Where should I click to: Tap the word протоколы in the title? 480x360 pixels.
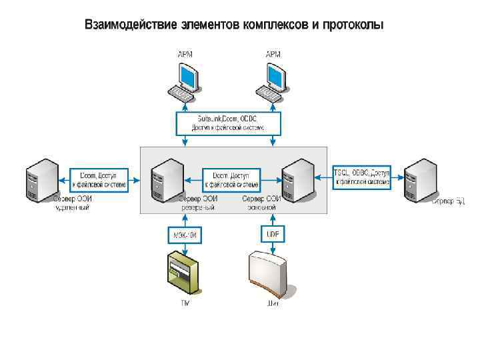tap(353, 26)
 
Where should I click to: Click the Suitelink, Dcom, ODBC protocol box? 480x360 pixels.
tap(229, 122)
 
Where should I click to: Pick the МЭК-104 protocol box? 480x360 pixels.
tap(184, 234)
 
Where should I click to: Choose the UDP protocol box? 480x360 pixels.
tap(271, 234)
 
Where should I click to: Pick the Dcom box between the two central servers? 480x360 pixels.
tap(231, 179)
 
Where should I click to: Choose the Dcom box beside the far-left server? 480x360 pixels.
tap(99, 179)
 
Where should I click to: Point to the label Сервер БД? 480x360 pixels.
tap(448, 201)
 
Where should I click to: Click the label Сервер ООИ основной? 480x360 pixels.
tap(261, 203)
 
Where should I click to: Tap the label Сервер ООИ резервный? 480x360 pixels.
tap(198, 203)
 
